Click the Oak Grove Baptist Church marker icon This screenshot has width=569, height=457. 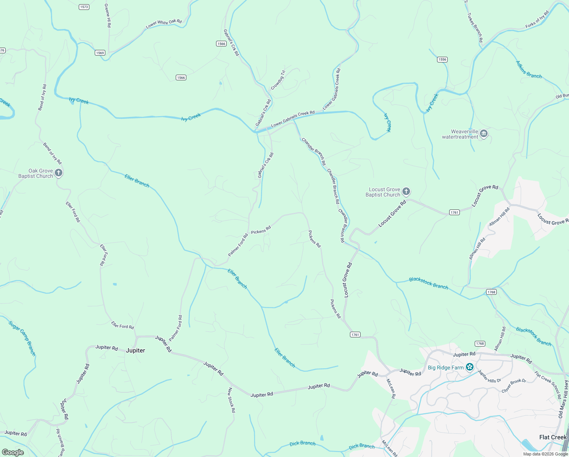(58, 173)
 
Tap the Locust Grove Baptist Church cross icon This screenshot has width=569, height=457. (406, 192)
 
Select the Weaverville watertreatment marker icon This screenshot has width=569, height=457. (483, 134)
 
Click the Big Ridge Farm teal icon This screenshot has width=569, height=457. (470, 367)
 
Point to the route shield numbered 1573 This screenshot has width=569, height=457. (84, 7)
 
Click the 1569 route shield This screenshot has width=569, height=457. (100, 53)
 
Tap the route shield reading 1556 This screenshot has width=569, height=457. (442, 59)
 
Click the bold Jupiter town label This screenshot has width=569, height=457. (135, 350)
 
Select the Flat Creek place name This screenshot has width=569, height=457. (553, 437)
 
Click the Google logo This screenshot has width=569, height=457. (13, 452)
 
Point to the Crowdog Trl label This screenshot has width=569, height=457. (278, 80)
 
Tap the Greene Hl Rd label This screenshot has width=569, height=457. (108, 15)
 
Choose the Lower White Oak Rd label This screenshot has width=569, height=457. (164, 24)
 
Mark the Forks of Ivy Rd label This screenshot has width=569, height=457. (537, 20)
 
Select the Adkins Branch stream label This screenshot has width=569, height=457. (528, 70)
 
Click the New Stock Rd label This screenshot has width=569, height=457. (232, 400)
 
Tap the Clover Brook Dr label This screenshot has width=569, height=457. (513, 386)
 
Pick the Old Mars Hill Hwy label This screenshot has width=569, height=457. (563, 399)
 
